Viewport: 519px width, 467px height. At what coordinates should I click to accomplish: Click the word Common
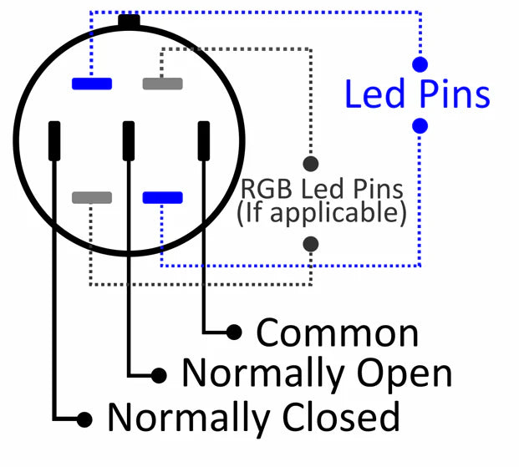click(337, 332)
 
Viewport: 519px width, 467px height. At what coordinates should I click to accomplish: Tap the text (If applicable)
click(321, 213)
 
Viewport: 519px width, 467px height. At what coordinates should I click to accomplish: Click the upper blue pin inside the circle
click(92, 83)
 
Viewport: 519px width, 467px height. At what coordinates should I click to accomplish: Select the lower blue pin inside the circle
click(162, 197)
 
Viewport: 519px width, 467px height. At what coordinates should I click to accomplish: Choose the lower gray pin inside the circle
click(92, 197)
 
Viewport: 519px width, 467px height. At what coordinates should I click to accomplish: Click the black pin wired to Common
click(204, 140)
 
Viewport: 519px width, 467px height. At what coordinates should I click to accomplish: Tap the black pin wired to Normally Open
click(129, 140)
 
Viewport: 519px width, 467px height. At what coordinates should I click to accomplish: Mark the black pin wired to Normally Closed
click(54, 140)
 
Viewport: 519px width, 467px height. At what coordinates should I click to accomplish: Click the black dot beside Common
click(235, 332)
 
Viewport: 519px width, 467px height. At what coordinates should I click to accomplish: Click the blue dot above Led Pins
click(420, 63)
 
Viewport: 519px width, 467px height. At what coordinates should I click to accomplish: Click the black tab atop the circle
click(129, 21)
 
